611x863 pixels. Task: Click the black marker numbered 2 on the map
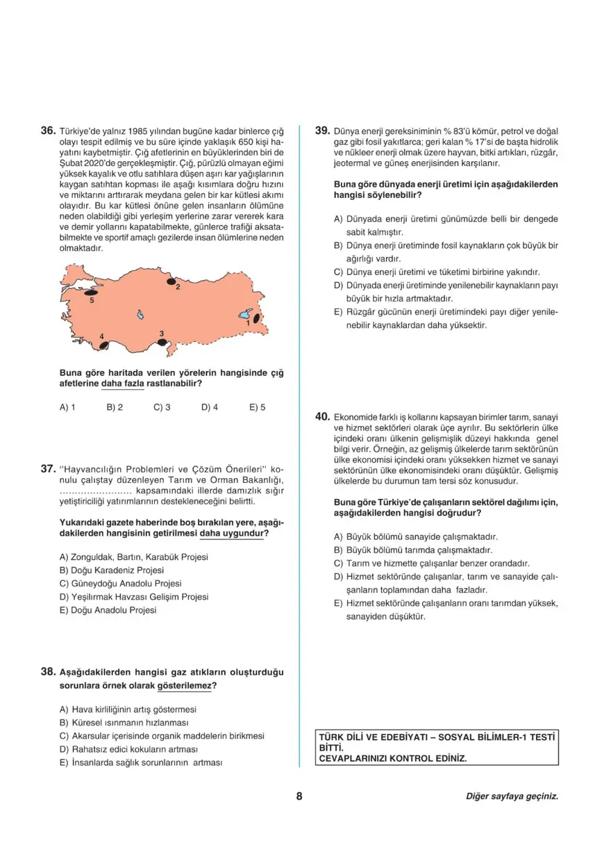(x=170, y=282)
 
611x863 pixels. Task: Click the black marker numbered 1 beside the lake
(x=257, y=318)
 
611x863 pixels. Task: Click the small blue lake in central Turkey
(x=140, y=315)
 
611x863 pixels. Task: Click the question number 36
(x=47, y=131)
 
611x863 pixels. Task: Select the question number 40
(x=321, y=416)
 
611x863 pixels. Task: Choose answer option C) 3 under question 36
(x=162, y=408)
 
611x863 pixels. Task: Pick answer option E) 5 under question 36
(x=257, y=408)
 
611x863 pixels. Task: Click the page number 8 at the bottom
(x=299, y=796)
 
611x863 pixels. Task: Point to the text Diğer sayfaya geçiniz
(x=511, y=797)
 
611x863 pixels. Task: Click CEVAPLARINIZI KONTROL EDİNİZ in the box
(x=392, y=759)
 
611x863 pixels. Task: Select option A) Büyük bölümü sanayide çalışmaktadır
(x=415, y=537)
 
